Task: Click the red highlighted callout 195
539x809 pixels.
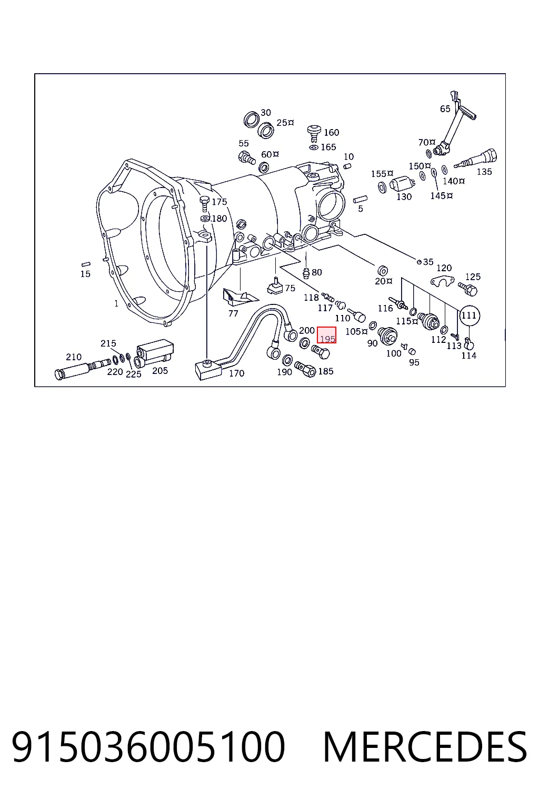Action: point(327,335)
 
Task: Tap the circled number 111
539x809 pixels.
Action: point(469,315)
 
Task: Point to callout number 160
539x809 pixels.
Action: point(332,133)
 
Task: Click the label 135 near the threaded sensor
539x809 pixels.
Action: point(484,172)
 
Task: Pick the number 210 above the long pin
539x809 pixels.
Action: point(74,357)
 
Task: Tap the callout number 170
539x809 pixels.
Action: point(237,373)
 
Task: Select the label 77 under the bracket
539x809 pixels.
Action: point(233,313)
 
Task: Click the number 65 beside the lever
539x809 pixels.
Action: point(445,108)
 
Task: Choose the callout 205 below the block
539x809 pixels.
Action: point(160,371)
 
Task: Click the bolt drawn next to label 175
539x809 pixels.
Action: point(204,204)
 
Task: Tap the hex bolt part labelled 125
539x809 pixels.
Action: point(468,289)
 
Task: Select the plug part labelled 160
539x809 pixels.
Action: point(314,133)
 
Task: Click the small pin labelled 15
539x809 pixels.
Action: point(86,264)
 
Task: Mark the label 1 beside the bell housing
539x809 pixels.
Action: point(116,304)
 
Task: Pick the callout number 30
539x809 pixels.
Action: point(266,113)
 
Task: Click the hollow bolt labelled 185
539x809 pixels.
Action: point(305,369)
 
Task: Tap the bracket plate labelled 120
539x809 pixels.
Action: point(442,280)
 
